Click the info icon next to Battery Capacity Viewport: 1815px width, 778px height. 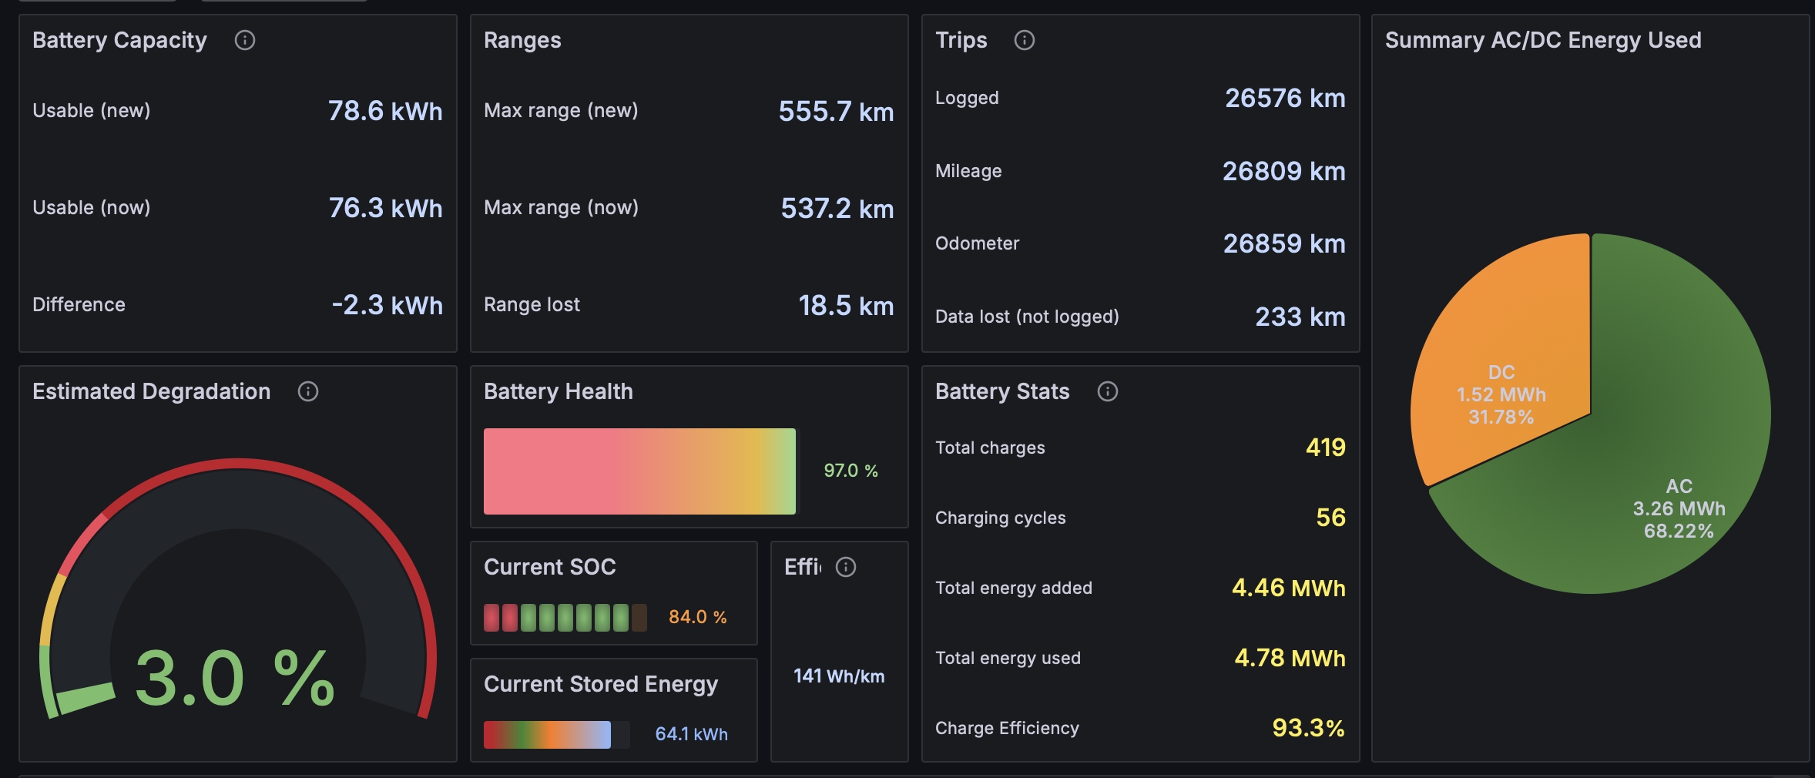pyautogui.click(x=245, y=40)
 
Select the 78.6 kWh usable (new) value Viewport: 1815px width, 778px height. pyautogui.click(x=385, y=111)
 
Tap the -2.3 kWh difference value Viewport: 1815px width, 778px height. pyautogui.click(x=387, y=305)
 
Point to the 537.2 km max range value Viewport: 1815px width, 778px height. pyautogui.click(x=837, y=208)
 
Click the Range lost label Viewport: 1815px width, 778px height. pyautogui.click(x=532, y=304)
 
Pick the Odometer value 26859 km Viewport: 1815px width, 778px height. pyautogui.click(x=1284, y=243)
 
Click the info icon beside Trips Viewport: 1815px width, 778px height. pyautogui.click(x=1025, y=40)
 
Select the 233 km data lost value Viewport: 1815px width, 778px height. pyautogui.click(x=1300, y=317)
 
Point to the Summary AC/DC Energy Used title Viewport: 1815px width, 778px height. pyautogui.click(x=1543, y=40)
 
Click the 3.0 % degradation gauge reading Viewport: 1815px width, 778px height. pyautogui.click(x=235, y=678)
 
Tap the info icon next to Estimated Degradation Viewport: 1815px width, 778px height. pyautogui.click(x=308, y=391)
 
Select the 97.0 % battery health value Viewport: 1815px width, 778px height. pyautogui.click(x=850, y=471)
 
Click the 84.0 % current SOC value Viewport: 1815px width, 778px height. pyautogui.click(x=697, y=617)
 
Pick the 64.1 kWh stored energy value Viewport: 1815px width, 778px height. pyautogui.click(x=691, y=734)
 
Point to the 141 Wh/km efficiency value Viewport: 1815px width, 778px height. pyautogui.click(x=839, y=676)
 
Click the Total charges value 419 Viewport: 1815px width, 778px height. pyautogui.click(x=1326, y=448)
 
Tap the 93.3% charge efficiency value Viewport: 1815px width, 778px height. pyautogui.click(x=1308, y=728)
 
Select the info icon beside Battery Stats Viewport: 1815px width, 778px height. pyautogui.click(x=1108, y=391)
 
